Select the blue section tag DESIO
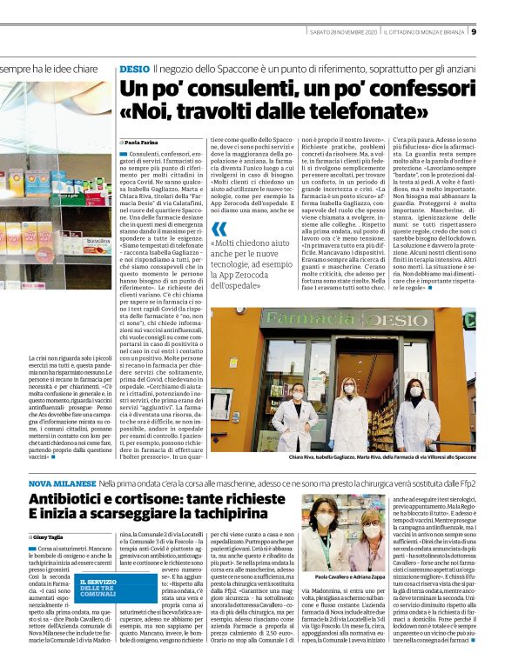tap(134, 67)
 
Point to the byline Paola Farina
tap(138, 141)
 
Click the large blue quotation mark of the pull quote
tap(218, 230)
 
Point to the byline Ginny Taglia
tap(49, 538)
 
